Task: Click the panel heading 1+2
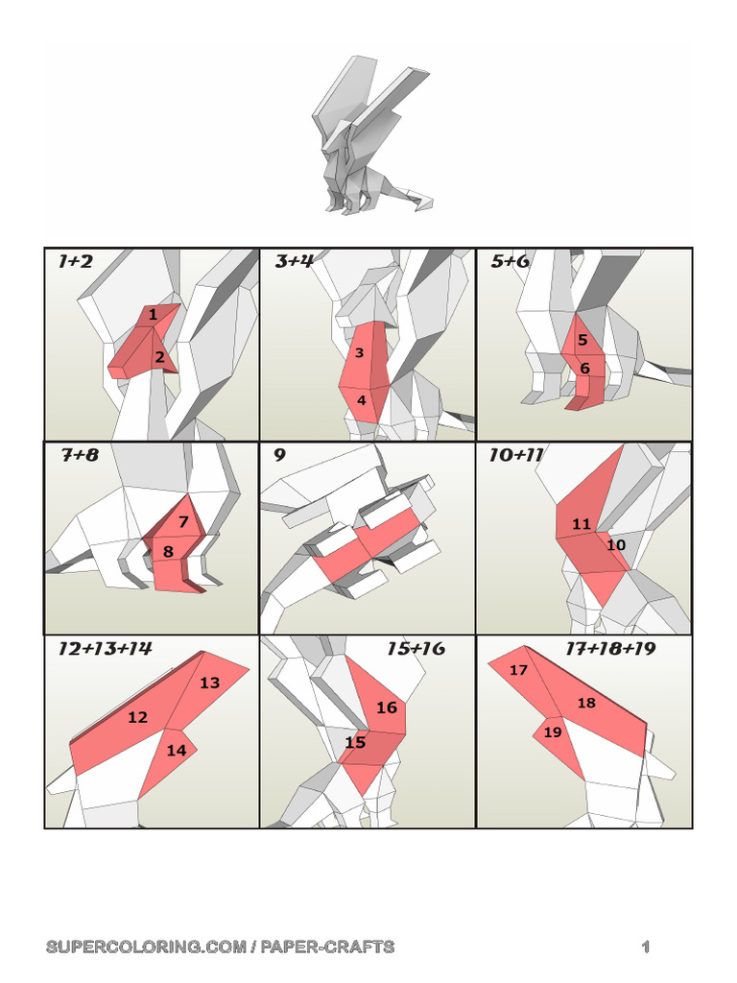pyautogui.click(x=75, y=261)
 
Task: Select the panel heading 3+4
pyautogui.click(x=294, y=261)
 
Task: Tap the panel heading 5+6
pyautogui.click(x=510, y=261)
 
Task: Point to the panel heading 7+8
pyautogui.click(x=80, y=454)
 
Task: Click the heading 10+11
pyautogui.click(x=515, y=454)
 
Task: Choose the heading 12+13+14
pyautogui.click(x=105, y=648)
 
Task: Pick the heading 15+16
pyautogui.click(x=416, y=648)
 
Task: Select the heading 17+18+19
pyautogui.click(x=610, y=648)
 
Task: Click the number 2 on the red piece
pyautogui.click(x=160, y=357)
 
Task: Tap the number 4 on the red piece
pyautogui.click(x=362, y=399)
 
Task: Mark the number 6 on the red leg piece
pyautogui.click(x=584, y=368)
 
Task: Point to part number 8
pyautogui.click(x=168, y=552)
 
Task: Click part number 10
pyautogui.click(x=616, y=545)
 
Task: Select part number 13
pyautogui.click(x=209, y=683)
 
